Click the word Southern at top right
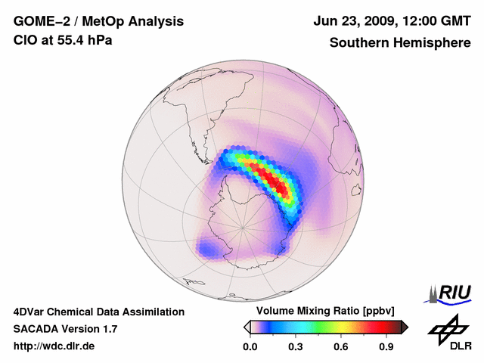pos(357,43)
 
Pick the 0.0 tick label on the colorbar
pos(250,347)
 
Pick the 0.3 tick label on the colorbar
pos(296,347)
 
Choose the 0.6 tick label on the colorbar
pos(342,347)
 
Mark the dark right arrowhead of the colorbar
pos(405,327)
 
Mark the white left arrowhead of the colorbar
pos(247,327)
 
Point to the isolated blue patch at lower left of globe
pos(209,247)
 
